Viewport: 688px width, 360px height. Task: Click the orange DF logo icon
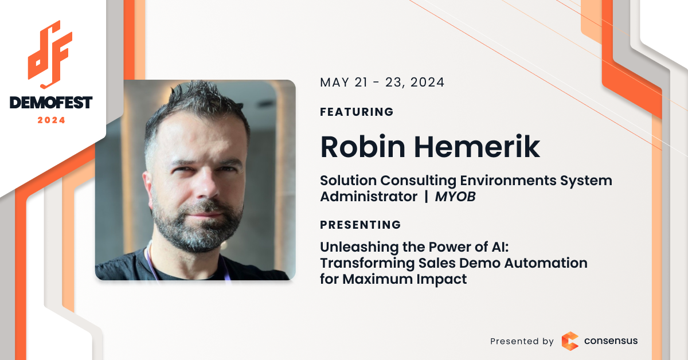50,54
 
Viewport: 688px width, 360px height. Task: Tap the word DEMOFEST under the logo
51,103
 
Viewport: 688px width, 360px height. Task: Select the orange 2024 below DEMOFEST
51,120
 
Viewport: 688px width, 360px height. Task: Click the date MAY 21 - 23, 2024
382,83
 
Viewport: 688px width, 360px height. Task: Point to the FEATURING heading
357,112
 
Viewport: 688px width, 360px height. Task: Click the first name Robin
363,147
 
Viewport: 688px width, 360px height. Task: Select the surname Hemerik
477,147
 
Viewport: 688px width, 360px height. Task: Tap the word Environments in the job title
508,181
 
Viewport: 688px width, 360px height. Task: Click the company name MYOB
455,197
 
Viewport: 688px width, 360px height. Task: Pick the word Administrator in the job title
369,197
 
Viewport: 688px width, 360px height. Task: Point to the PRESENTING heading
360,225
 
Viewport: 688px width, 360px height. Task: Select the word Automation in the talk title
546,263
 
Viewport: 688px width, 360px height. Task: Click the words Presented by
522,341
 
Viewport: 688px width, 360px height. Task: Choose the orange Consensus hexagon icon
570,341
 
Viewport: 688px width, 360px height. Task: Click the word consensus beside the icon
611,341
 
